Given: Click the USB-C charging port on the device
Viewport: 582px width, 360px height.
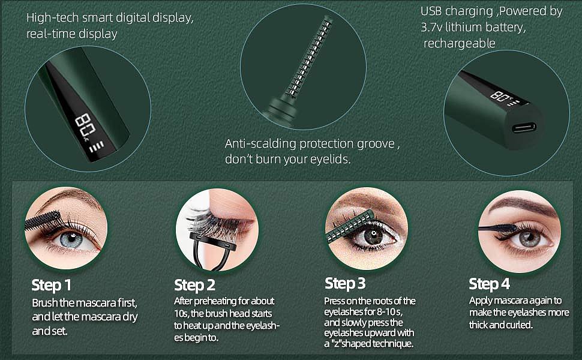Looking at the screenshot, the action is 524,128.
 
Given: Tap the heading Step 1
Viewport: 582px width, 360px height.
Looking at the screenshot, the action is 51,285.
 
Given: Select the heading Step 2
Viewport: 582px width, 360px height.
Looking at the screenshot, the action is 194,285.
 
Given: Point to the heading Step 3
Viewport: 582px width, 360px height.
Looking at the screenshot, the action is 345,283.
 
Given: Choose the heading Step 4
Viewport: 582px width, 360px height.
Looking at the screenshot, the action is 489,284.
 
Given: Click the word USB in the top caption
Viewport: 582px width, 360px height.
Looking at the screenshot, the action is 431,11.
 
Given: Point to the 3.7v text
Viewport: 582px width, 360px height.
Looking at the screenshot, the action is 431,27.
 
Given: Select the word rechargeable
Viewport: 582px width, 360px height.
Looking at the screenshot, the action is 460,43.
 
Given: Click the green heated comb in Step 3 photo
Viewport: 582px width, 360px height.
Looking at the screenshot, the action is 350,225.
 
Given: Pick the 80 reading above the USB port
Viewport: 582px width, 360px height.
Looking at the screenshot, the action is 500,97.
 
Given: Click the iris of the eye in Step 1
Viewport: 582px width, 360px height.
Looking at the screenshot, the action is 71,240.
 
